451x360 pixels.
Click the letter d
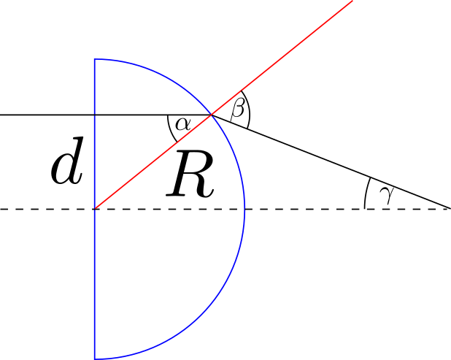tap(68, 161)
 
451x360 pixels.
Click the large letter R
tap(190, 174)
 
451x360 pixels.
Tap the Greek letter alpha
tap(183, 124)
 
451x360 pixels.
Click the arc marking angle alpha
tap(170, 129)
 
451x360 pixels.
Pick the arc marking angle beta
tap(248, 109)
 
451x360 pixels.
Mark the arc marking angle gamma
tap(366, 192)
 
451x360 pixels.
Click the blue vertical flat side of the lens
tap(95, 209)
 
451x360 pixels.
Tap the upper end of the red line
tap(352, 1)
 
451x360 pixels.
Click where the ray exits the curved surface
tap(212, 115)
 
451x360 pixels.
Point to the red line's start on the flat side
tap(95, 209)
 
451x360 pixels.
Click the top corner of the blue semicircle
tap(95, 59)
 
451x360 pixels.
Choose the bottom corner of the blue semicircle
tap(95, 359)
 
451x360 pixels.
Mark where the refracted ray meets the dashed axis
tap(450, 208)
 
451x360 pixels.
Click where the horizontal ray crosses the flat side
tap(95, 115)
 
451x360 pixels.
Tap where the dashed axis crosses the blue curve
tap(244, 209)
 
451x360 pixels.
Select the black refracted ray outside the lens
tap(331, 161)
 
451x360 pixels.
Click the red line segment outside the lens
tap(282, 58)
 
